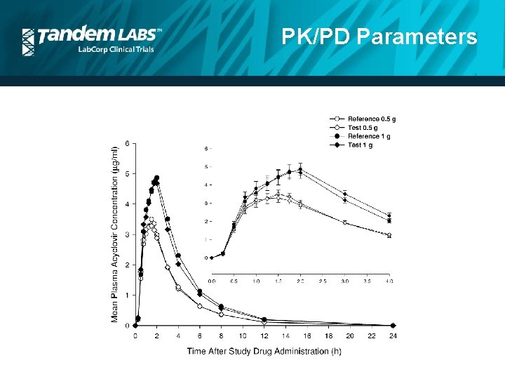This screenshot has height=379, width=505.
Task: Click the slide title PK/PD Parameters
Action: tap(379, 36)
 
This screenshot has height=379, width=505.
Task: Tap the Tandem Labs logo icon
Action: tap(29, 41)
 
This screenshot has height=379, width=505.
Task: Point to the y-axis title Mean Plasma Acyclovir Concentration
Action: tap(115, 233)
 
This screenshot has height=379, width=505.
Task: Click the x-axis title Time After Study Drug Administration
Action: tap(264, 351)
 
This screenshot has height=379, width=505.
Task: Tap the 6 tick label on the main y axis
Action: tap(126, 143)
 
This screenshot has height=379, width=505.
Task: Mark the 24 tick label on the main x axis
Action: tap(393, 336)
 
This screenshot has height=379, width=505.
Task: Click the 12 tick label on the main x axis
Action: tap(264, 336)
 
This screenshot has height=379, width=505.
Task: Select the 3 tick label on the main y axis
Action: tap(126, 234)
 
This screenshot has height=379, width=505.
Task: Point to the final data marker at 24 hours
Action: tap(393, 326)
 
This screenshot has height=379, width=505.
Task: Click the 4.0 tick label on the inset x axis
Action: tap(389, 281)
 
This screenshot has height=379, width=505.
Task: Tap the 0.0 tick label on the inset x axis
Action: tap(212, 281)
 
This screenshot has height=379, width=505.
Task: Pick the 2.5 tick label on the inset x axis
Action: tap(323, 281)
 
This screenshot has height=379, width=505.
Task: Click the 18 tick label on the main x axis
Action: tap(329, 336)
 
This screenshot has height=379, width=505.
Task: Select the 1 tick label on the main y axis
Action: tap(126, 295)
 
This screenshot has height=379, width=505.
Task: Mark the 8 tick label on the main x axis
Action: tap(221, 336)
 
